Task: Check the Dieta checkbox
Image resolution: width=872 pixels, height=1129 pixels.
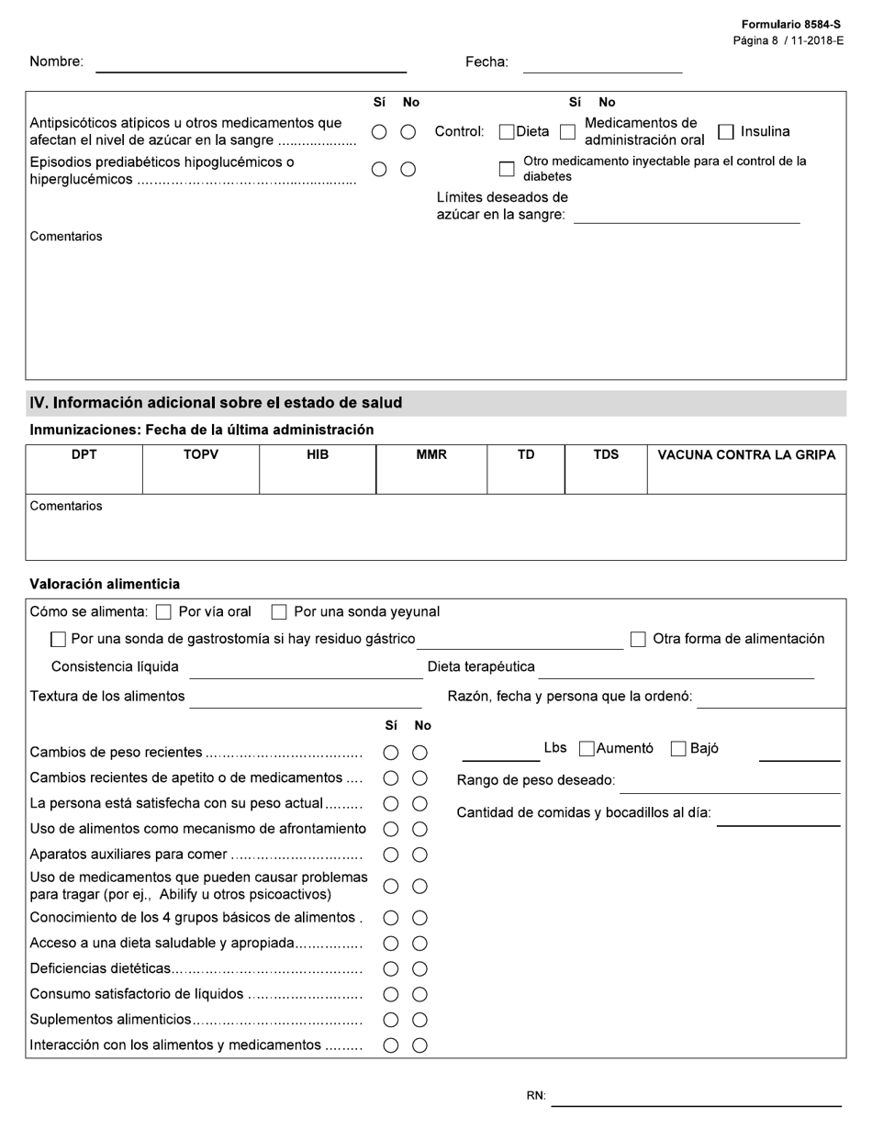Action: point(507,132)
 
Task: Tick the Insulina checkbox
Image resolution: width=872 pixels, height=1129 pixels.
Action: point(726,132)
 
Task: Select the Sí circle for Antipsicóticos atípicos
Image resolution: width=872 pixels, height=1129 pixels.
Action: point(379,132)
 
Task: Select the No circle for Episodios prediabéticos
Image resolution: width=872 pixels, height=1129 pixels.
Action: point(408,169)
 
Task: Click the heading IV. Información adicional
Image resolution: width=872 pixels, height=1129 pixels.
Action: point(216,403)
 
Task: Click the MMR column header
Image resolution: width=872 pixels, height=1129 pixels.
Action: point(431,454)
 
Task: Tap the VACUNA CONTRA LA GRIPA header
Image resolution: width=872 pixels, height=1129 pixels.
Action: point(746,454)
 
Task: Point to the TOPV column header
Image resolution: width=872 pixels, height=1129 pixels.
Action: point(201,454)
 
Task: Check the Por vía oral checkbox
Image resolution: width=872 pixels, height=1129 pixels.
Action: point(164,612)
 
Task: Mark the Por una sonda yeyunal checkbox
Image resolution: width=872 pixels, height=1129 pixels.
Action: point(280,612)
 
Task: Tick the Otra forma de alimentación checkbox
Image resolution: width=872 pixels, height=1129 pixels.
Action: point(638,640)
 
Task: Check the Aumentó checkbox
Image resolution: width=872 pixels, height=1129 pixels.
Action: point(587,749)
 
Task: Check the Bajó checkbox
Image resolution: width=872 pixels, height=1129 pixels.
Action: point(678,749)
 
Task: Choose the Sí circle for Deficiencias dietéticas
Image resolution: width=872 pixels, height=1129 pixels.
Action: point(391,969)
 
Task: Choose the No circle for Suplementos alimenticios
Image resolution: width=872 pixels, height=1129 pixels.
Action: point(419,1020)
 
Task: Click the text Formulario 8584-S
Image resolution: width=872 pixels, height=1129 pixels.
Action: point(790,25)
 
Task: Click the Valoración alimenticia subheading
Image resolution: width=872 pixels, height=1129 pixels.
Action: point(105,584)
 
